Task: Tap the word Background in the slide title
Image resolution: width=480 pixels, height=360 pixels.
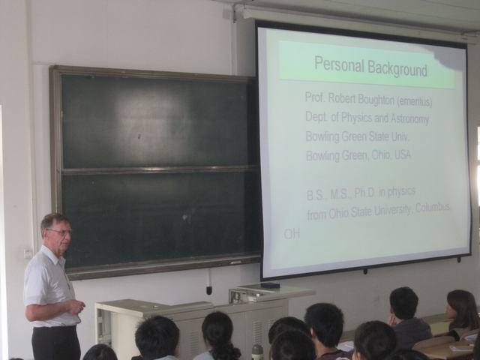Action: point(397,69)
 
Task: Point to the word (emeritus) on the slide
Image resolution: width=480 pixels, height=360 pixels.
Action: point(414,102)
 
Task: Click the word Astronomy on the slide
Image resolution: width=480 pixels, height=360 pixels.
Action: point(409,118)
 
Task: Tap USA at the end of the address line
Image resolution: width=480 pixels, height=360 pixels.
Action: point(402,155)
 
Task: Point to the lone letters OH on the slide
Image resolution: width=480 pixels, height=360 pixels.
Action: point(292,234)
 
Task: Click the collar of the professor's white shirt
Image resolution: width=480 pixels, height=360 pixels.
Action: point(55,256)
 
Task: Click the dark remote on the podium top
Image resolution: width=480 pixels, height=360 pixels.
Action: point(270,285)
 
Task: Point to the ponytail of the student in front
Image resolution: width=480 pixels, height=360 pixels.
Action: point(225,349)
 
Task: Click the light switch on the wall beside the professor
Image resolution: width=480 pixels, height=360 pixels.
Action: point(28,253)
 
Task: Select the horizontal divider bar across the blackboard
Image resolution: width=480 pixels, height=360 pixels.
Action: point(159,170)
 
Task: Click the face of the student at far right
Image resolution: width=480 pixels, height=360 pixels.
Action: point(451,310)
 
